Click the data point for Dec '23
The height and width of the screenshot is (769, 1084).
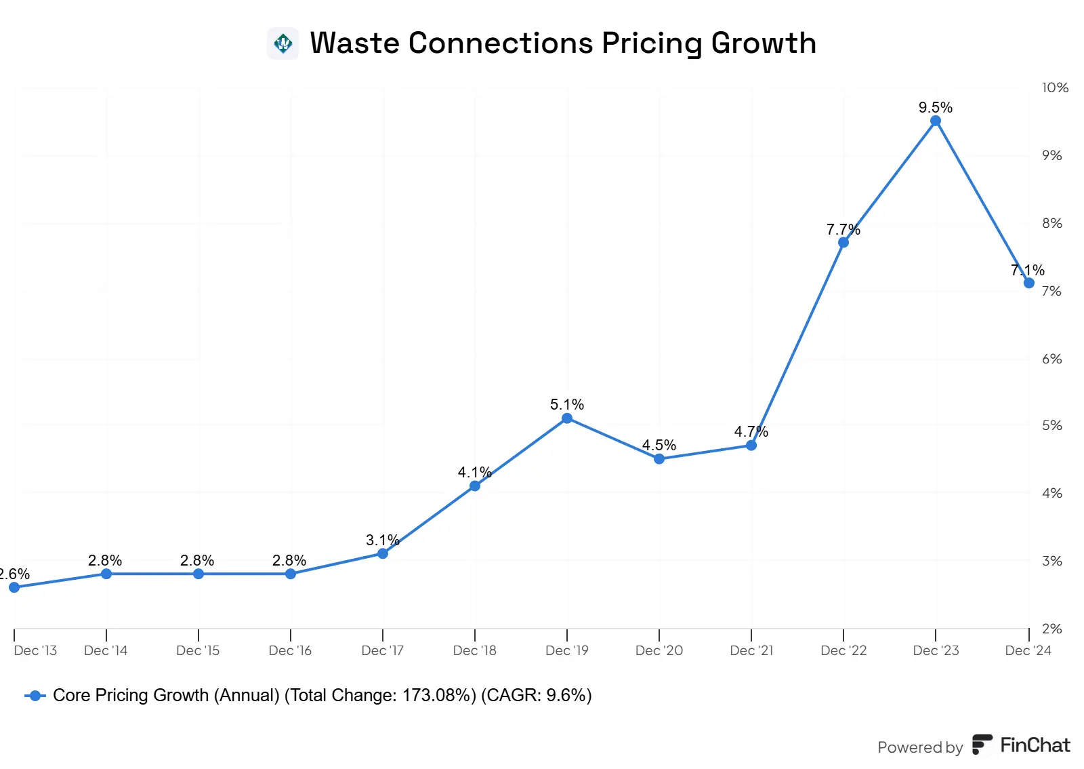pyautogui.click(x=936, y=121)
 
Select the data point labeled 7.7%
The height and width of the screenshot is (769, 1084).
pyautogui.click(x=843, y=242)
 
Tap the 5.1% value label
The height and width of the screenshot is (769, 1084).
pyautogui.click(x=567, y=405)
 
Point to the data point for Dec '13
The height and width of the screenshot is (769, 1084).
pyautogui.click(x=14, y=587)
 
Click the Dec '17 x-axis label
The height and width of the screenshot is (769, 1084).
pyautogui.click(x=383, y=650)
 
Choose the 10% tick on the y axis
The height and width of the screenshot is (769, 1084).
pyautogui.click(x=1055, y=87)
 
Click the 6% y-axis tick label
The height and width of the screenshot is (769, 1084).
pyautogui.click(x=1052, y=359)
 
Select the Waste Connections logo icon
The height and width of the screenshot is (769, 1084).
pyautogui.click(x=283, y=44)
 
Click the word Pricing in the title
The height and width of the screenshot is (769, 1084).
pyautogui.click(x=652, y=43)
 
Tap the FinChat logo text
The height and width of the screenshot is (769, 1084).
pyautogui.click(x=1035, y=745)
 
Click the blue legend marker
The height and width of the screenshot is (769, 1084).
pyautogui.click(x=35, y=696)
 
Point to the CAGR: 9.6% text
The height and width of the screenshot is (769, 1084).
pyautogui.click(x=536, y=696)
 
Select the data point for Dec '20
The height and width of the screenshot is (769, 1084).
pyautogui.click(x=659, y=459)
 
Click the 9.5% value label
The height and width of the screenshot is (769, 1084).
pyautogui.click(x=936, y=107)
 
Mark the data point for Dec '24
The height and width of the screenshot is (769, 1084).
pyautogui.click(x=1029, y=283)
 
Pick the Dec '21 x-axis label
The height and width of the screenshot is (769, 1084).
pyautogui.click(x=751, y=650)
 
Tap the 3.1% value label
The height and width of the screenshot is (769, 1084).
pyautogui.click(x=382, y=540)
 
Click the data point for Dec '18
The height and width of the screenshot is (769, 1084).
pyautogui.click(x=475, y=486)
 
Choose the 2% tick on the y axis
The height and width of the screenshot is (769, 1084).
pyautogui.click(x=1052, y=629)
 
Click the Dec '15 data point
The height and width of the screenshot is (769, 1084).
pyautogui.click(x=199, y=574)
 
